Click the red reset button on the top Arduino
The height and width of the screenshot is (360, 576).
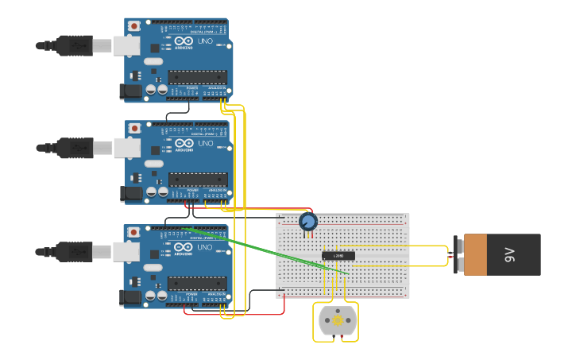(134, 26)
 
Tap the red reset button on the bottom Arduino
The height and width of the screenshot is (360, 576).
(134, 232)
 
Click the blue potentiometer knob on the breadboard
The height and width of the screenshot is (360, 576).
(308, 222)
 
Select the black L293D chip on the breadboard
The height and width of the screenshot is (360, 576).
(338, 255)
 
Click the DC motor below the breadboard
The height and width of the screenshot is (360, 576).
(336, 321)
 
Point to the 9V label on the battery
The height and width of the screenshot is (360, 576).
(508, 254)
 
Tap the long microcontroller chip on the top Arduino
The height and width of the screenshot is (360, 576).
(197, 77)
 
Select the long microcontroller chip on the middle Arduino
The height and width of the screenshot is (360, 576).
(198, 180)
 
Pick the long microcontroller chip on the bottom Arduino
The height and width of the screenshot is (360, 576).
(197, 283)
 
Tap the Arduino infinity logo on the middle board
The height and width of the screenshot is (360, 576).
(184, 144)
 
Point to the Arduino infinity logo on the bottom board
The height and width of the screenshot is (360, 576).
(184, 247)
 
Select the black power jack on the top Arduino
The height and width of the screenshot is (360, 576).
(130, 91)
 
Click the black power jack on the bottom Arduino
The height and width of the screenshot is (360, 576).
(130, 297)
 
